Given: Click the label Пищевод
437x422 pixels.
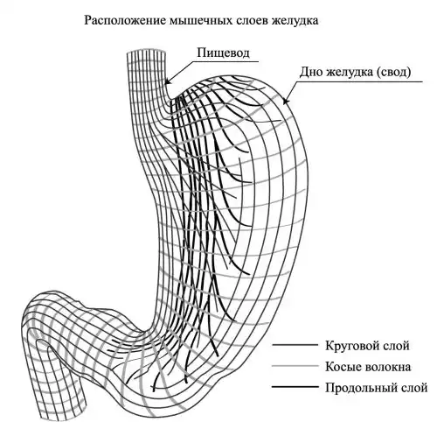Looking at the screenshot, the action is pos(223,53).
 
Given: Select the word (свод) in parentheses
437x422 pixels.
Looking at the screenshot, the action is pos(393,72).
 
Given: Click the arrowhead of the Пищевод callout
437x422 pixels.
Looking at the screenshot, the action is pos(168,81).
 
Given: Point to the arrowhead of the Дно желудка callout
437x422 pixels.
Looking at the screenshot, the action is pos(286,100).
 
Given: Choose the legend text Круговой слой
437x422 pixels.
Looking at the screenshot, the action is pos(367,346).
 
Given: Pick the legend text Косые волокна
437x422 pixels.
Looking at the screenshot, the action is pos(368,367).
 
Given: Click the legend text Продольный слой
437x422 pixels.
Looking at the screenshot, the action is pos(376,388).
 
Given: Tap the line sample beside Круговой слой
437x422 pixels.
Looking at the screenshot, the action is pos(295,345).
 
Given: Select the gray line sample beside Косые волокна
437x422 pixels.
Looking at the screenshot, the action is pos(295,366).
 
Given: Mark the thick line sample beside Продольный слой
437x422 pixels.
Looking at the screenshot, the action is pos(295,387).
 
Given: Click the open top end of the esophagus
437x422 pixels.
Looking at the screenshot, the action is pos(147,50).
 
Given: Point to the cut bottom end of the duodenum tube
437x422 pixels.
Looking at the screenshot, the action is pos(63,412).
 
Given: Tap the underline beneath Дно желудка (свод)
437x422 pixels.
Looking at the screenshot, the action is pos(359,81).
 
